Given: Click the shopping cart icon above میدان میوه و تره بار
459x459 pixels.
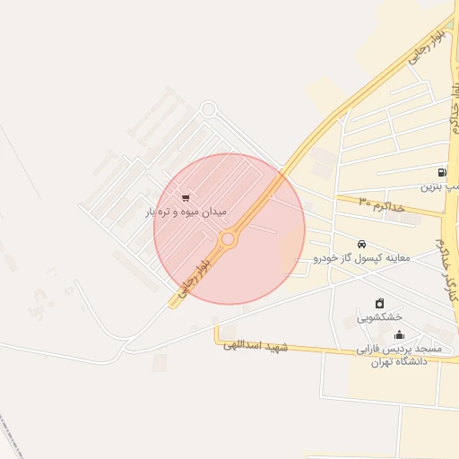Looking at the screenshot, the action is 186,198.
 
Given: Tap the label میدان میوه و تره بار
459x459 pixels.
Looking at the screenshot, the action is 186,212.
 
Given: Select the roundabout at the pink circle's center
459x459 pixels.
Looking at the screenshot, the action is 228,239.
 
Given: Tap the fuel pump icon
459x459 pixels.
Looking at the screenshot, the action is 442,172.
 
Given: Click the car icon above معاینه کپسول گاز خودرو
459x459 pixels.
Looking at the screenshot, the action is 361,244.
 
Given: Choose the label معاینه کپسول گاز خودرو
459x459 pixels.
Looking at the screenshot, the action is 361,258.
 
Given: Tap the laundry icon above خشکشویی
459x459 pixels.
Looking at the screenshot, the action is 380,304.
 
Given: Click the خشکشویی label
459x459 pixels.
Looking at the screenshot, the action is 380,317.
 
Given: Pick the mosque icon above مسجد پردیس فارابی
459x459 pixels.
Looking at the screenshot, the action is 399,335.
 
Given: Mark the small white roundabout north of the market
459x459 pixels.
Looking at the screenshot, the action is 208,109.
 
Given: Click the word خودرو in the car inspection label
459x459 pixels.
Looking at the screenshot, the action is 325,258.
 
